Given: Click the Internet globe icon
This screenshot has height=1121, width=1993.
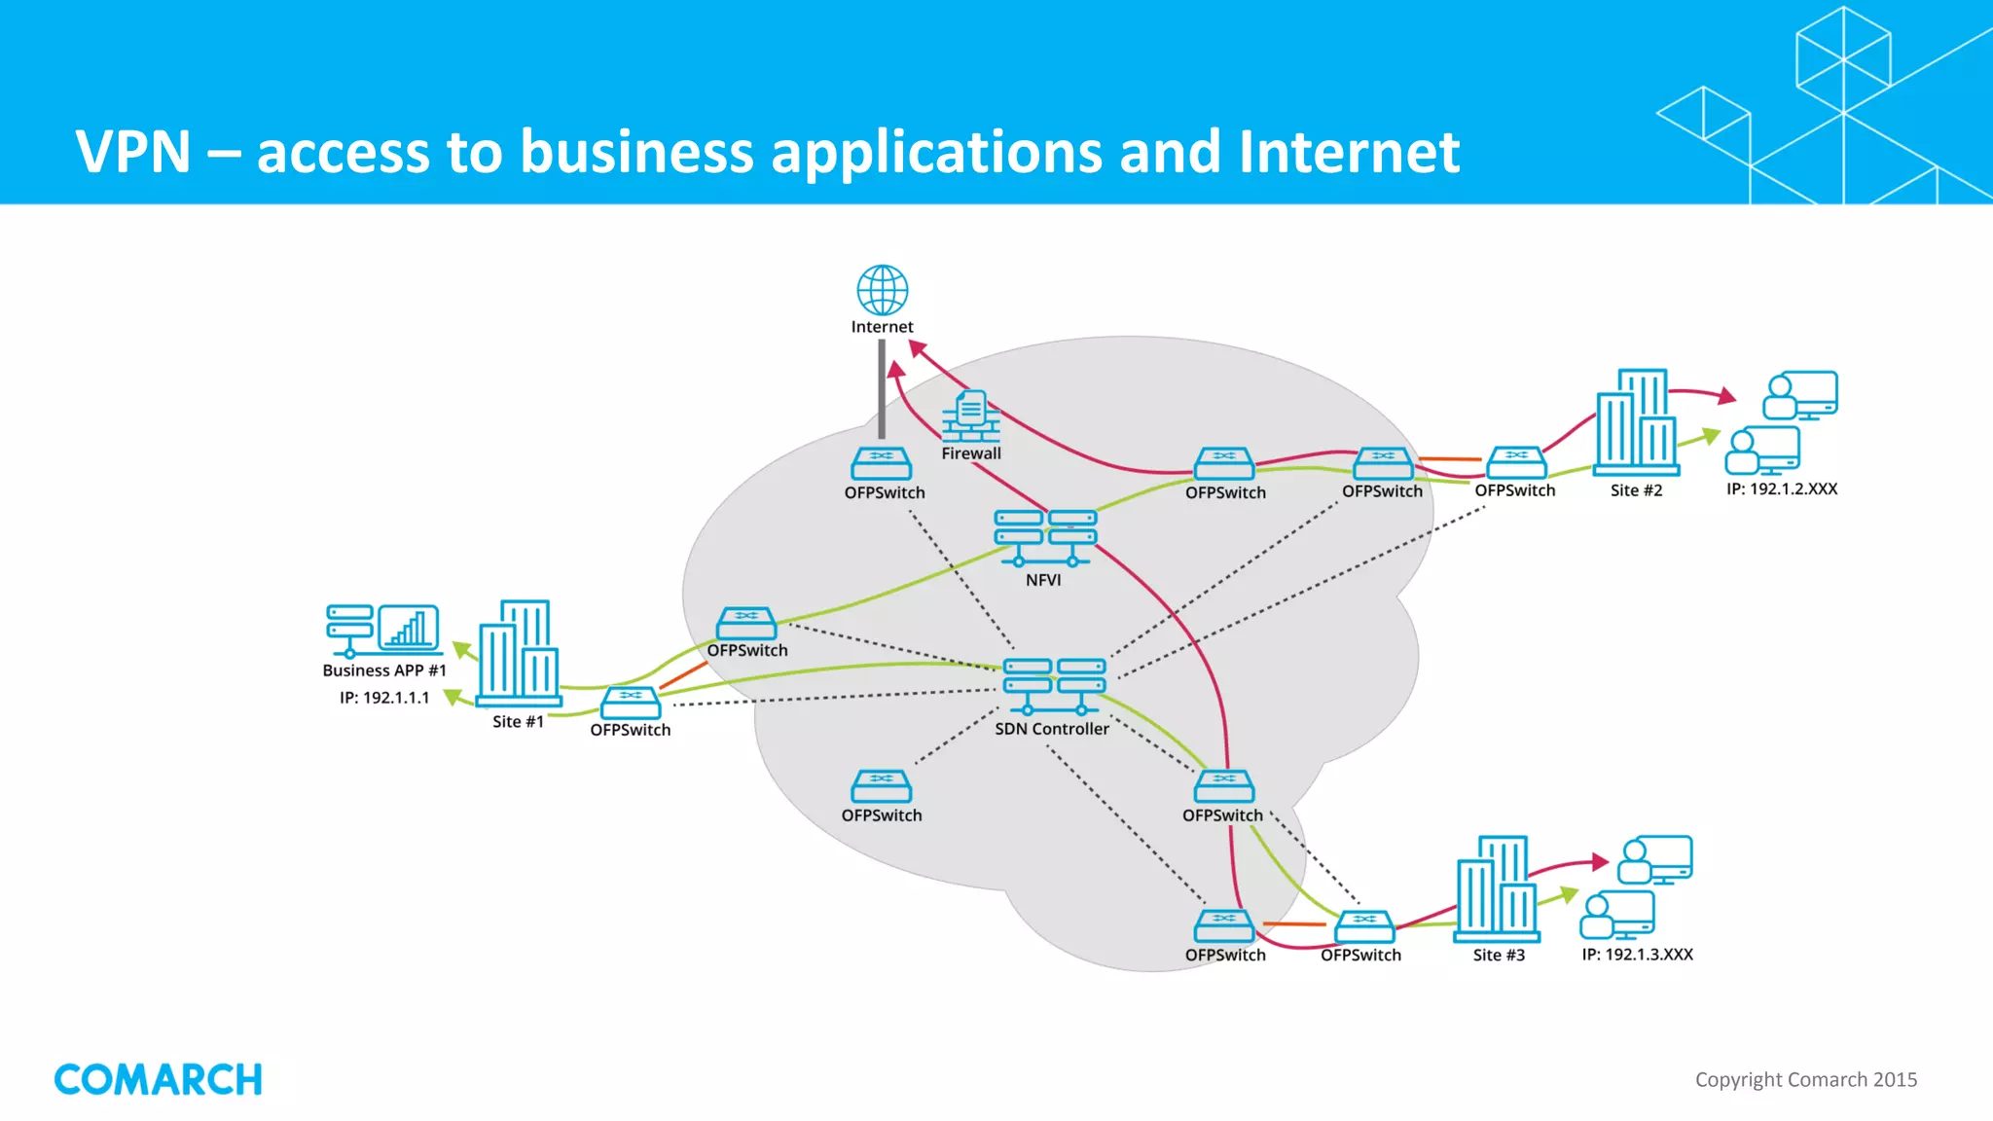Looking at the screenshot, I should pyautogui.click(x=882, y=290).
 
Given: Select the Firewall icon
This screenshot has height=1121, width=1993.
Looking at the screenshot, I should pyautogui.click(x=970, y=416).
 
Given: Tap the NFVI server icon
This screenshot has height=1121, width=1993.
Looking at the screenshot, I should pyautogui.click(x=1044, y=538).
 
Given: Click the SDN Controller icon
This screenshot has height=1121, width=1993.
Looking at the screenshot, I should pyautogui.click(x=1054, y=686).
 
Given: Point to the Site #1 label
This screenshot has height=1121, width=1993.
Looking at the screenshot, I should pyautogui.click(x=518, y=722).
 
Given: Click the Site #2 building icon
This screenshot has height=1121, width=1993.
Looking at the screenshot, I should pyautogui.click(x=1637, y=420).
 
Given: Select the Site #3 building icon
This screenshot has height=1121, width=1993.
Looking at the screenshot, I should pyautogui.click(x=1497, y=887).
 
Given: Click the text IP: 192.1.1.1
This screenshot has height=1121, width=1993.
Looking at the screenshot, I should pyautogui.click(x=384, y=698).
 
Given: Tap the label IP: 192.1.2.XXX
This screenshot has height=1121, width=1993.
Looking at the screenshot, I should pyautogui.click(x=1781, y=489).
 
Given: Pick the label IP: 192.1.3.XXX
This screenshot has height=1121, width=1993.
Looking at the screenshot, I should pyautogui.click(x=1637, y=955).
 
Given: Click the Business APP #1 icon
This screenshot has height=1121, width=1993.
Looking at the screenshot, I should pyautogui.click(x=382, y=630).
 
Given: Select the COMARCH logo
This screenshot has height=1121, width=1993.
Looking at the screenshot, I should pyautogui.click(x=159, y=1079).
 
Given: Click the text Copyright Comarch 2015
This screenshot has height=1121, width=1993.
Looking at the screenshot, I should pyautogui.click(x=1805, y=1080).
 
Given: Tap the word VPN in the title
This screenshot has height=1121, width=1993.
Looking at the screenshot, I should pyautogui.click(x=133, y=153).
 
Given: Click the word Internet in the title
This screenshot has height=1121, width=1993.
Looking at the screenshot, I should pyautogui.click(x=1348, y=153).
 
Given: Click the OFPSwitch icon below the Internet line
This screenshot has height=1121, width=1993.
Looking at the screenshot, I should pyautogui.click(x=881, y=463).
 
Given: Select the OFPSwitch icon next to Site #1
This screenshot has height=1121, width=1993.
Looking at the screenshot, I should pyautogui.click(x=631, y=703).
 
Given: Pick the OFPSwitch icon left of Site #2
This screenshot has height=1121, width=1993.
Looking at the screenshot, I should pyautogui.click(x=1515, y=462).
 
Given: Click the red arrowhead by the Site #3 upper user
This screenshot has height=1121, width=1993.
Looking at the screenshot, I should pyautogui.click(x=1599, y=861).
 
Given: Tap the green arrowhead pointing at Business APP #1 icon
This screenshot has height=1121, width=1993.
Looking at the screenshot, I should pyautogui.click(x=462, y=649).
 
